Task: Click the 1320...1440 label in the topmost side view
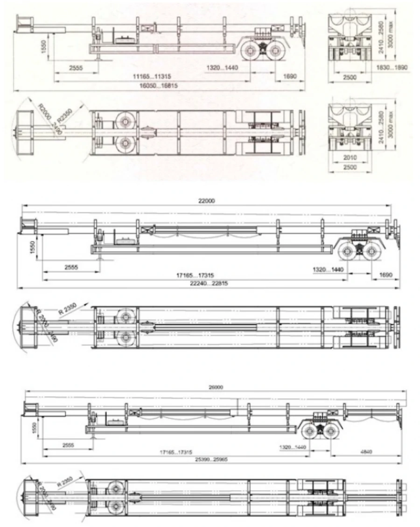tap(222, 68)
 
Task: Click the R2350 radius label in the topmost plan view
tap(66, 113)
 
